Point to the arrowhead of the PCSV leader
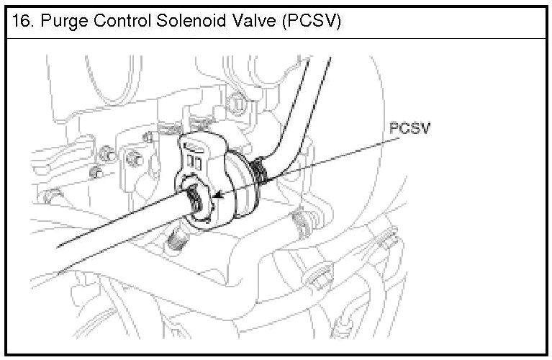coord(218,196)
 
